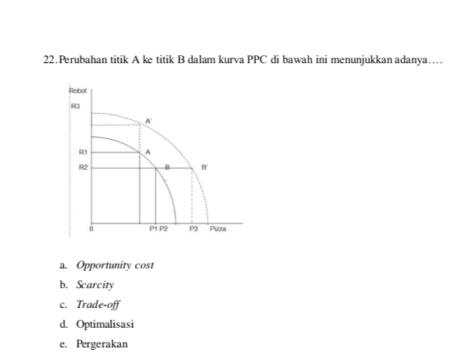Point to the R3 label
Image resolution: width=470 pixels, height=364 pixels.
(x=76, y=104)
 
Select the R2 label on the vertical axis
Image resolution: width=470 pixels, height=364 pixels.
(x=82, y=167)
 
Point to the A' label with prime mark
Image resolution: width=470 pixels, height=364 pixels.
(x=148, y=121)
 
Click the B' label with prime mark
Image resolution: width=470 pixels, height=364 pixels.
(x=204, y=167)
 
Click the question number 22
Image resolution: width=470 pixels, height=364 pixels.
(x=50, y=60)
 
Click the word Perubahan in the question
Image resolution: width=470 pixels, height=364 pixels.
(x=85, y=60)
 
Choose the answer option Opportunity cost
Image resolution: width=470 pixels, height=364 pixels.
(x=115, y=265)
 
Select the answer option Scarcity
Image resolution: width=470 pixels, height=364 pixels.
(x=96, y=284)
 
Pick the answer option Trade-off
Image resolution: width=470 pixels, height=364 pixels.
(x=99, y=304)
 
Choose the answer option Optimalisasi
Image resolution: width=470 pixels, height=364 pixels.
(x=105, y=324)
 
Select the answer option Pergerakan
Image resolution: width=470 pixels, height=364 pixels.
(x=102, y=343)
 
